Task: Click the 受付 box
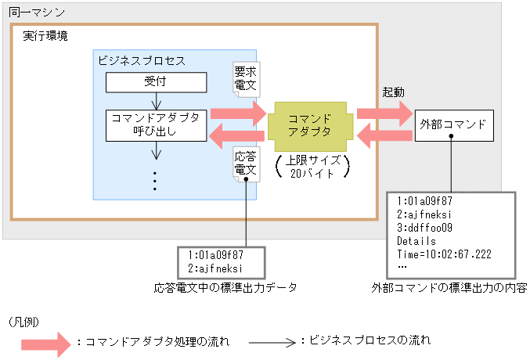pos(156,82)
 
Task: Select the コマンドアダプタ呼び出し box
pos(156,124)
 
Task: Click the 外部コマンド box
pos(453,124)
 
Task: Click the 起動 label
pos(392,92)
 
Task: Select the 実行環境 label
pos(44,36)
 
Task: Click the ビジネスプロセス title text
pos(142,60)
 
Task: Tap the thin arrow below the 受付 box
pos(156,101)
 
